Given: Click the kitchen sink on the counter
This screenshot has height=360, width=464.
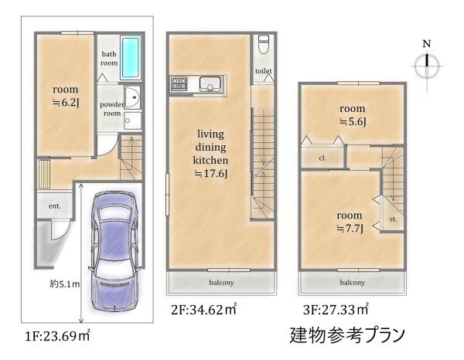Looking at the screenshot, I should pos(210,83).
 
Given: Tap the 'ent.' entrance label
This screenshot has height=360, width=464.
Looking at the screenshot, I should pos(55,206).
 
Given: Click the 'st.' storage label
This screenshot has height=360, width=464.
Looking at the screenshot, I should pos(393,219).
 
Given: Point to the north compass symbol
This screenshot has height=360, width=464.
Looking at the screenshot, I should pos(426,66).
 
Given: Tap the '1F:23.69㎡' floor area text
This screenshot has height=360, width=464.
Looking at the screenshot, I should pos(58,337).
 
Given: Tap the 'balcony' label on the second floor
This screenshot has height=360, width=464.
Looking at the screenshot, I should pos(222,283).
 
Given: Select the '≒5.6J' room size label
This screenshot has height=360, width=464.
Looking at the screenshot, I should pos(352,122).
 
